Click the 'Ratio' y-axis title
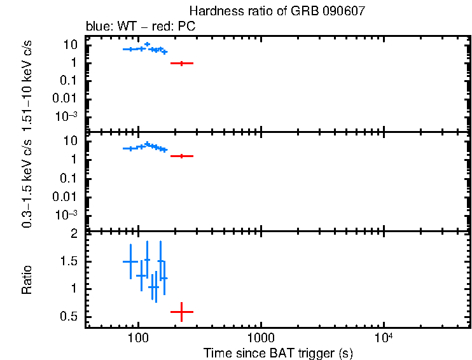click(x=28, y=280)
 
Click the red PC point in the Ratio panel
click(x=182, y=312)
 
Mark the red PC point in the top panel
click(x=182, y=63)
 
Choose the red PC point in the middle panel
click(x=182, y=156)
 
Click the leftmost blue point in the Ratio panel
click(x=130, y=261)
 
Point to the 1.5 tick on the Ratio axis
click(x=69, y=261)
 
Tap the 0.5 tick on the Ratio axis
click(x=69, y=317)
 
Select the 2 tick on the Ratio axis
click(x=74, y=234)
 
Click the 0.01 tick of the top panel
click(x=66, y=98)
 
